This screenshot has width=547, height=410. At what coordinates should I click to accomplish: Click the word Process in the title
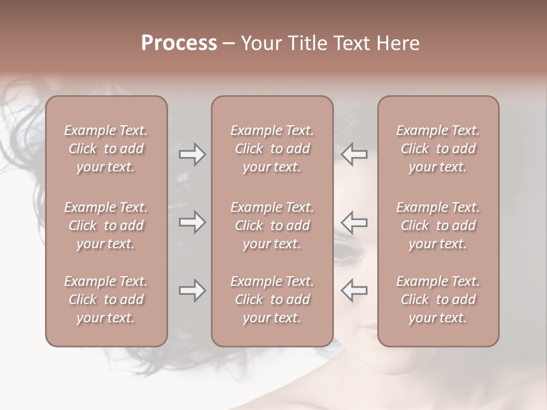[x=179, y=43]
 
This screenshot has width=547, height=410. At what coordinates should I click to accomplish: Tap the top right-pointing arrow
[x=192, y=154]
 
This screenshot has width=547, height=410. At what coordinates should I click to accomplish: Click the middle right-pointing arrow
[x=192, y=222]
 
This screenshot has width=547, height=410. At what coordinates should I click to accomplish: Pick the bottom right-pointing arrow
[x=192, y=290]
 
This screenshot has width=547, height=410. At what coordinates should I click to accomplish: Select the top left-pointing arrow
[x=354, y=154]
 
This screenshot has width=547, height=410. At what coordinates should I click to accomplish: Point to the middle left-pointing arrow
[x=354, y=222]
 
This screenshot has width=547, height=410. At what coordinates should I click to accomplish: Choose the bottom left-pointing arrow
[x=354, y=290]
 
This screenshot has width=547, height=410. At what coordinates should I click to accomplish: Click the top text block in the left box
[x=106, y=149]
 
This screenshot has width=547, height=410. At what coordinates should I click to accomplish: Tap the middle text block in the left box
[x=106, y=225]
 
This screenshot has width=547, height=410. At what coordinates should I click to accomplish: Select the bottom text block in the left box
[x=106, y=300]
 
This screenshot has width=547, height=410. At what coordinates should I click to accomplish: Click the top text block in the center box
[x=272, y=149]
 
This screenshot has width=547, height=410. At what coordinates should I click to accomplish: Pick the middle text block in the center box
[x=272, y=225]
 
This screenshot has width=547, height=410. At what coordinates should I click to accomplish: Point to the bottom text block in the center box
[x=272, y=300]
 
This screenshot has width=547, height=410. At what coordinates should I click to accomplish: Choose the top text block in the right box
[x=438, y=149]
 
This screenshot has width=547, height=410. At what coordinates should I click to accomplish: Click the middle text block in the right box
[x=438, y=225]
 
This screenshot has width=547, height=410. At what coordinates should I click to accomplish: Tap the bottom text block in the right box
[x=438, y=300]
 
